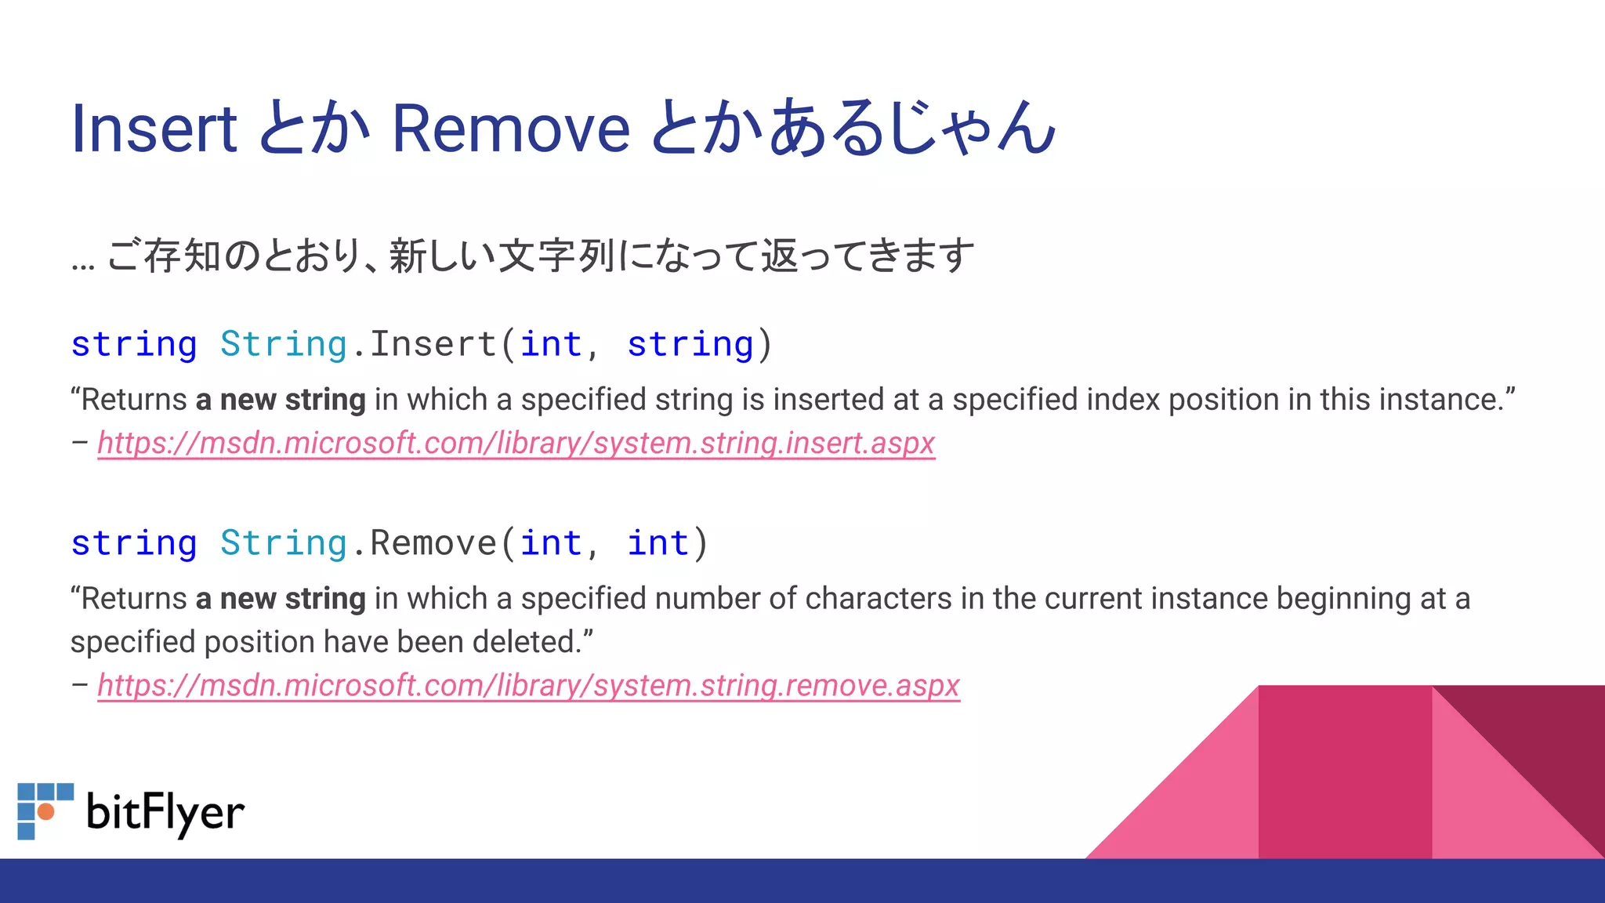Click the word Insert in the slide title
click(154, 129)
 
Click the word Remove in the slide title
click(510, 129)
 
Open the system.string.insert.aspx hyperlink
click(516, 444)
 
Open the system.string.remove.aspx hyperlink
click(528, 686)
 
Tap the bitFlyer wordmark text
click(165, 812)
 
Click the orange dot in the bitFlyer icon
click(46, 811)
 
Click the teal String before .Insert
click(283, 344)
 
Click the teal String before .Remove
click(283, 543)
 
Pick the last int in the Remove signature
click(658, 543)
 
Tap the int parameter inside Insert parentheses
click(551, 344)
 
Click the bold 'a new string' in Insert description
click(281, 400)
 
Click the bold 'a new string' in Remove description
click(281, 599)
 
